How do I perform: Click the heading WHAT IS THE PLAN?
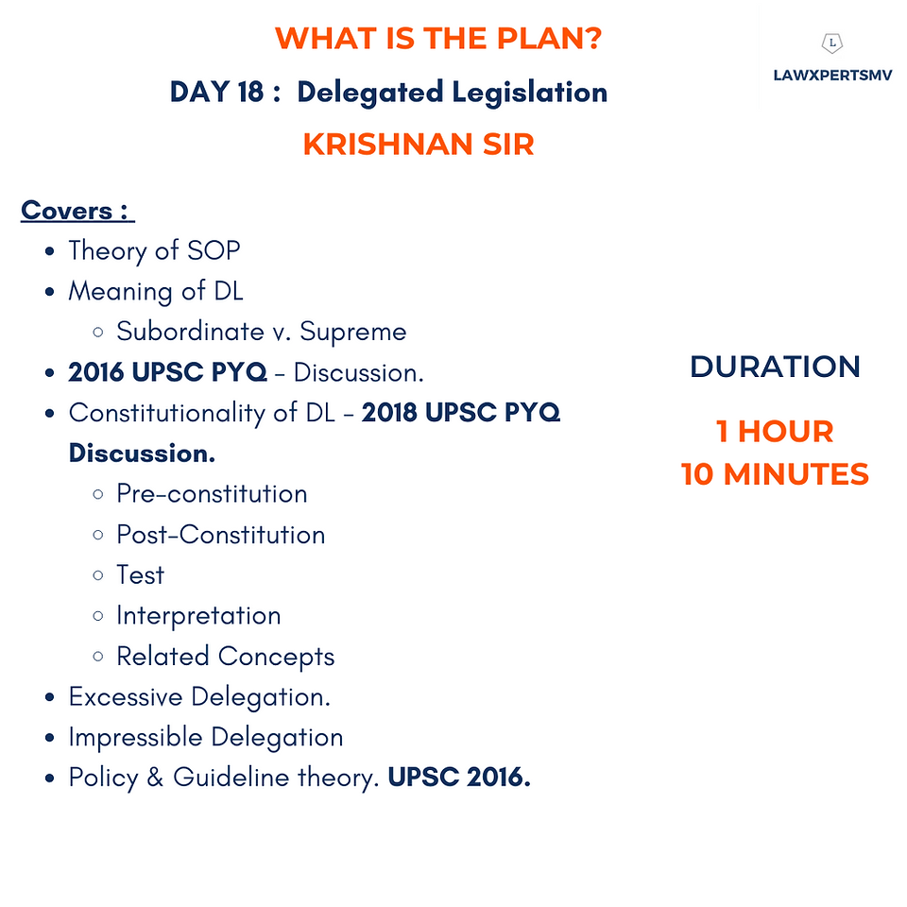click(438, 39)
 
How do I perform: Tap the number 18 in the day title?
click(250, 92)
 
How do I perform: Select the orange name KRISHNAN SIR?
click(419, 144)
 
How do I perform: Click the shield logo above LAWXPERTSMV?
click(832, 43)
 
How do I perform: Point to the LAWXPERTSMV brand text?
click(832, 76)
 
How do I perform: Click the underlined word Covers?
click(66, 210)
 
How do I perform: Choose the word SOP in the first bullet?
click(214, 250)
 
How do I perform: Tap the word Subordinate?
click(190, 332)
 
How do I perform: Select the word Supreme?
click(352, 332)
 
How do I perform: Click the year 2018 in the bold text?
click(389, 413)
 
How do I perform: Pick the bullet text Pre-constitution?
click(212, 494)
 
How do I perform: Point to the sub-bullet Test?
click(141, 575)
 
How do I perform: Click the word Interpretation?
click(198, 616)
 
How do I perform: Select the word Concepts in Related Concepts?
click(277, 657)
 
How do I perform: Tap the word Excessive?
click(126, 696)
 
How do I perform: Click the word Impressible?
click(135, 738)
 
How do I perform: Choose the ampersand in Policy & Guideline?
click(155, 778)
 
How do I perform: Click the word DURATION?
click(775, 367)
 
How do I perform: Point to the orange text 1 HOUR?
click(775, 432)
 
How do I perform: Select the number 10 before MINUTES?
click(697, 474)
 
